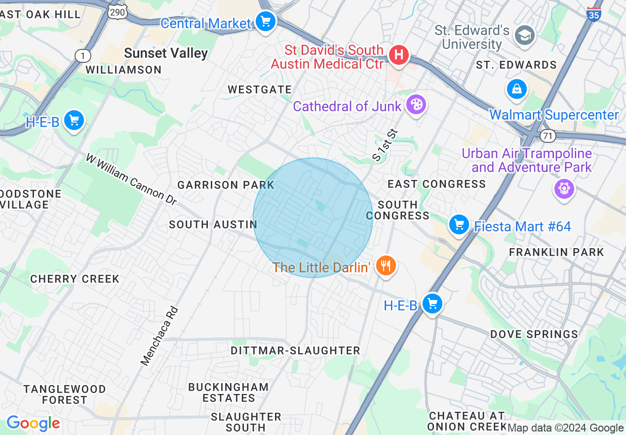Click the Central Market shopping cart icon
(x=266, y=22)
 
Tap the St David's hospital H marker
(x=399, y=54)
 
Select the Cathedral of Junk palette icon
(x=416, y=105)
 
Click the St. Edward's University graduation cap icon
(x=524, y=35)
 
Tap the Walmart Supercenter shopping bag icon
(x=516, y=89)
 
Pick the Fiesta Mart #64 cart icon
(x=459, y=225)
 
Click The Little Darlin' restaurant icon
(x=386, y=266)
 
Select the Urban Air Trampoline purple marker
(x=564, y=188)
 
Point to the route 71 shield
(x=548, y=135)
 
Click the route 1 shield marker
(x=82, y=56)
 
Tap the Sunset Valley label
(x=166, y=53)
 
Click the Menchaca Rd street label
(x=159, y=336)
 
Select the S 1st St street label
(x=385, y=145)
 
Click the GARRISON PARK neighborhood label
(x=226, y=185)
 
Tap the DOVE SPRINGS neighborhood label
(x=534, y=335)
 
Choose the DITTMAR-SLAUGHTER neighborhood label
(x=295, y=350)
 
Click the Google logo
(x=33, y=423)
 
